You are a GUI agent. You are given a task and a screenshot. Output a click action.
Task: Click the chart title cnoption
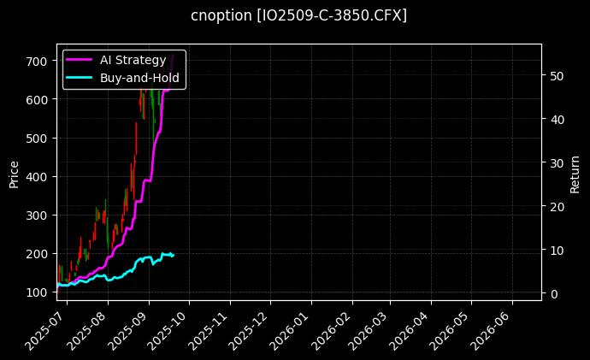pyautogui.click(x=298, y=15)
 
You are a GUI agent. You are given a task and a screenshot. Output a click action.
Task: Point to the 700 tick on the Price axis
pyautogui.click(x=39, y=62)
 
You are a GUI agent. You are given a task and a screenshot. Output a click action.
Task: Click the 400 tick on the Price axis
pyautogui.click(x=39, y=177)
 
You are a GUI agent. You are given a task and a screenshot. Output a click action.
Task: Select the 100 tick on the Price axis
pyautogui.click(x=39, y=292)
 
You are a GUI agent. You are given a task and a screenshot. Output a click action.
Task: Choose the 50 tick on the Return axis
pyautogui.click(x=557, y=75)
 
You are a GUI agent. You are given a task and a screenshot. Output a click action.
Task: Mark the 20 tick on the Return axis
pyautogui.click(x=557, y=206)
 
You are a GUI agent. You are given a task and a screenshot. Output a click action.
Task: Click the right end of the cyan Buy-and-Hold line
pyautogui.click(x=174, y=255)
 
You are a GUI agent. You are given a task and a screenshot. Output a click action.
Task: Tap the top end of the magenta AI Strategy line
pyautogui.click(x=174, y=55)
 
